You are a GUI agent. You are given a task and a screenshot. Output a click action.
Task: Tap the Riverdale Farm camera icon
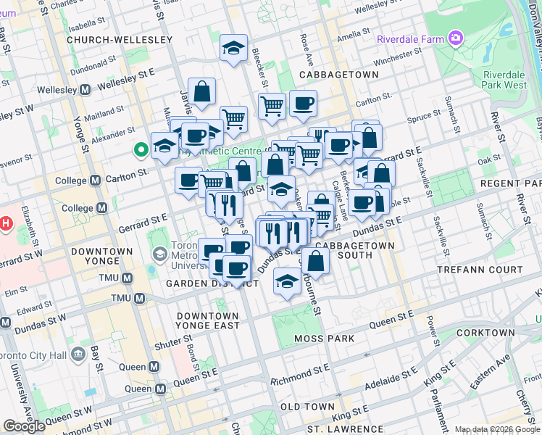456,37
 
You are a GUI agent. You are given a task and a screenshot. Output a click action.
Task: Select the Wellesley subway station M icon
86,89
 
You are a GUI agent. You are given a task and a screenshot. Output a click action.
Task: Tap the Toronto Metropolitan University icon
159,254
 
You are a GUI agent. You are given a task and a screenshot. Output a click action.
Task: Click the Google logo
24,426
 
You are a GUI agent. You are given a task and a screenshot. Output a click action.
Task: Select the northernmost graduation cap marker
233,48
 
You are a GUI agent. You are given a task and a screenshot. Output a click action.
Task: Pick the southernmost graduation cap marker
287,281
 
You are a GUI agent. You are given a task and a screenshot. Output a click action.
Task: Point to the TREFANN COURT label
480,269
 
